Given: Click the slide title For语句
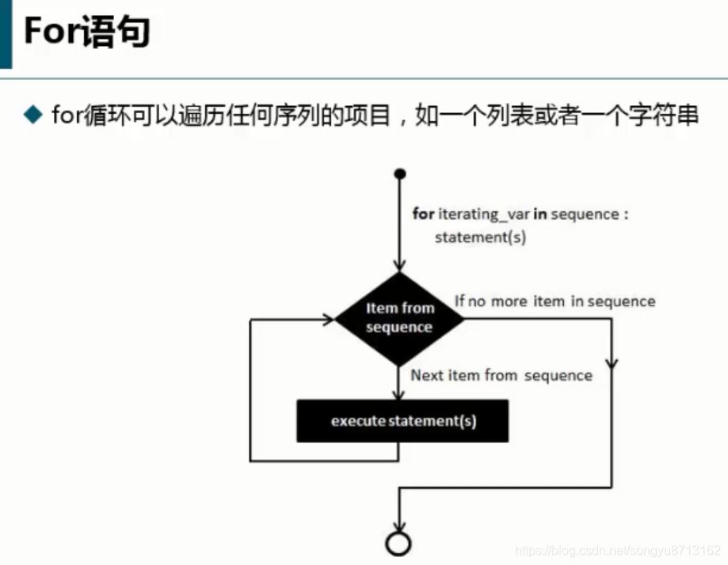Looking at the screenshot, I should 86,33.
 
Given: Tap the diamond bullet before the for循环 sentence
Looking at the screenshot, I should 32,116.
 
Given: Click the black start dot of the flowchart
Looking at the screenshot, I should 400,173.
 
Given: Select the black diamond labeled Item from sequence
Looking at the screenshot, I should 399,318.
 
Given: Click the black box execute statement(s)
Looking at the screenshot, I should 402,421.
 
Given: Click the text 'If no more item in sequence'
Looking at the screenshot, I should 555,301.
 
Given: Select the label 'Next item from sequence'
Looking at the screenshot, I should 501,375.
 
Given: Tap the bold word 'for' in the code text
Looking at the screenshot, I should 423,214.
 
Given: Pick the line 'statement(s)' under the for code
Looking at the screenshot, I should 480,237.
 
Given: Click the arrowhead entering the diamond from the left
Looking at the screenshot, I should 327,319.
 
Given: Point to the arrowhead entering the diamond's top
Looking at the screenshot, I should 400,264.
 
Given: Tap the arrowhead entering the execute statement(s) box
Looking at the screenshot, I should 400,393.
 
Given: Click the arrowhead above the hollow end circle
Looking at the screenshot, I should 399,525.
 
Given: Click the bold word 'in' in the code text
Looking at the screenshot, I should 540,214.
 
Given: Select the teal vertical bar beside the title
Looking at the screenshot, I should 6,33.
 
